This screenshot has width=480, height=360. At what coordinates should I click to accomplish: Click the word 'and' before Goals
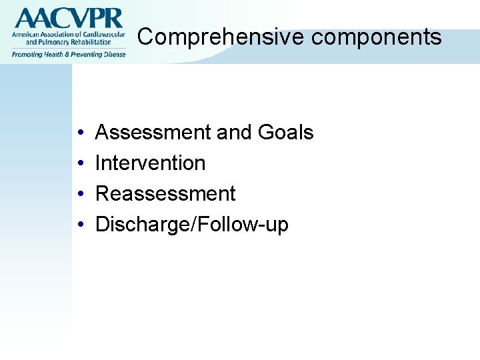[x=235, y=133]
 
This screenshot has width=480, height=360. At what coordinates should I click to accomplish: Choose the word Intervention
[x=151, y=163]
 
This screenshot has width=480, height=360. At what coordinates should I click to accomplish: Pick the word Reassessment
[x=165, y=193]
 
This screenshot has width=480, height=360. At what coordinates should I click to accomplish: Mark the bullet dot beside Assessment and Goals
[x=80, y=133]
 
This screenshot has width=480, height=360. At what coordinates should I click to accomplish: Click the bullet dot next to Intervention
[x=80, y=163]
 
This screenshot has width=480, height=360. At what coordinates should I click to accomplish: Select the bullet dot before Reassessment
[x=80, y=194]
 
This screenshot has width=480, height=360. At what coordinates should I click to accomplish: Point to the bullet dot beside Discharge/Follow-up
[x=80, y=225]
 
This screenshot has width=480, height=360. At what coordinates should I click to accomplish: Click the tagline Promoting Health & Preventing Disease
[x=67, y=54]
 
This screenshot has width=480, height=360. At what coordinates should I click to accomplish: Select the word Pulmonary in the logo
[x=49, y=42]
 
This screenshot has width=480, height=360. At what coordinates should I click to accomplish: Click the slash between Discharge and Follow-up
[x=194, y=225]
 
